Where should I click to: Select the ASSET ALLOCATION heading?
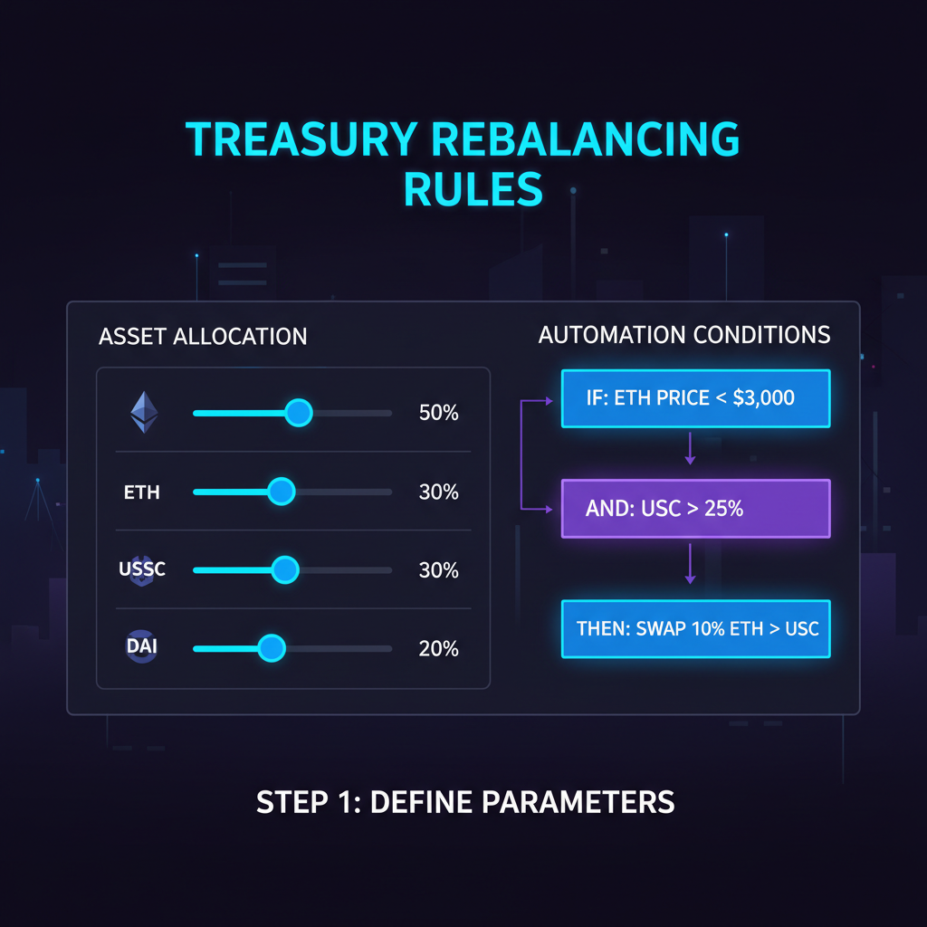click(x=203, y=337)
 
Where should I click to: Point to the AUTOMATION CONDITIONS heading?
click(x=684, y=335)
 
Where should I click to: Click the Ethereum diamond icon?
click(x=144, y=413)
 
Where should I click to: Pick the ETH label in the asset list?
click(x=142, y=492)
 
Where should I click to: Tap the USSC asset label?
click(x=142, y=570)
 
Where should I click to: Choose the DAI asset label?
click(x=142, y=648)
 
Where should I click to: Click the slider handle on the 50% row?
click(x=298, y=414)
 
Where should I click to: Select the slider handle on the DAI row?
click(x=271, y=648)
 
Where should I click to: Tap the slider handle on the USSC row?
click(x=285, y=570)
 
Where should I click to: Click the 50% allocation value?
click(x=439, y=414)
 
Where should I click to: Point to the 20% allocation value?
click(x=439, y=649)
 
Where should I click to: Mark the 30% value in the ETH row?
click(x=439, y=492)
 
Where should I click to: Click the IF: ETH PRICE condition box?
click(x=695, y=397)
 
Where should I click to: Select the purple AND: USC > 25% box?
click(x=695, y=509)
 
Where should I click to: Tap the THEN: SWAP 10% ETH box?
click(x=695, y=627)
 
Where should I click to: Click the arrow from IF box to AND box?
click(x=690, y=448)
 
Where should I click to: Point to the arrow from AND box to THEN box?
click(x=690, y=564)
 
